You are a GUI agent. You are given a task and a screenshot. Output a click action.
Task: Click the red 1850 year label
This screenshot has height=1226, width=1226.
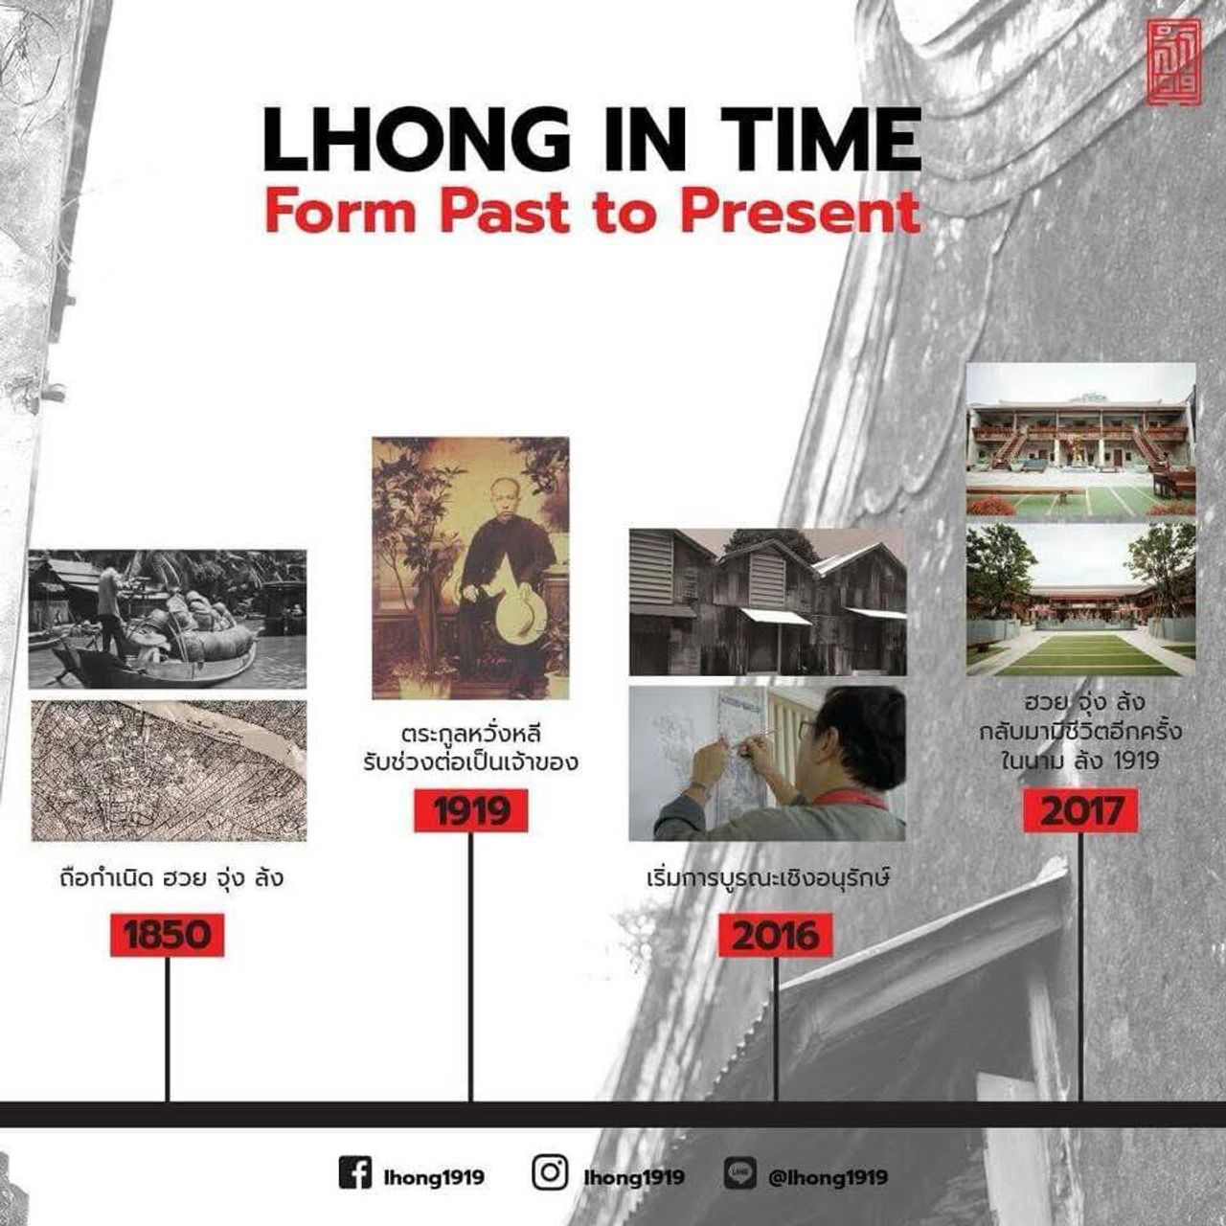click(168, 935)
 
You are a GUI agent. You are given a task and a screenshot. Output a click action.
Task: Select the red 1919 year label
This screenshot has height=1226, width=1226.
click(471, 810)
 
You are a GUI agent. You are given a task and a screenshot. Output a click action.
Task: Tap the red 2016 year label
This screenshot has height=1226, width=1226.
click(776, 935)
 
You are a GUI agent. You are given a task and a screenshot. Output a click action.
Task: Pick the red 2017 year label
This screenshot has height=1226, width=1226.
click(1081, 810)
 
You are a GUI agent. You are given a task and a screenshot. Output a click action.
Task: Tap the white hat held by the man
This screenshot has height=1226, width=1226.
click(521, 607)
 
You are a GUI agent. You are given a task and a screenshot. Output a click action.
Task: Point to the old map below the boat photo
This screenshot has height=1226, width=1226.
click(169, 770)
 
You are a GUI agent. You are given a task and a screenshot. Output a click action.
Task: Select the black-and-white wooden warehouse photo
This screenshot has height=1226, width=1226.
click(768, 602)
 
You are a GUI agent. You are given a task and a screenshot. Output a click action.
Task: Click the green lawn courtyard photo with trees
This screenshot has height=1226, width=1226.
click(1081, 600)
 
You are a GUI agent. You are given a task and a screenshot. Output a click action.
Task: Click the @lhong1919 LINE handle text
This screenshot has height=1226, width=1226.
click(828, 1177)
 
